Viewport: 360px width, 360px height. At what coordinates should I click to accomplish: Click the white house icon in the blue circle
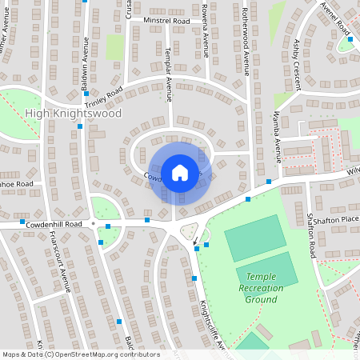(x=180, y=172)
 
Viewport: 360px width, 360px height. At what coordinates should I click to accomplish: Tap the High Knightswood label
(x=74, y=114)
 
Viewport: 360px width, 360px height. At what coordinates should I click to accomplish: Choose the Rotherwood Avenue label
(x=246, y=42)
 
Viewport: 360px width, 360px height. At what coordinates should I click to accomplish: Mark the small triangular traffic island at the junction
(x=189, y=232)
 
